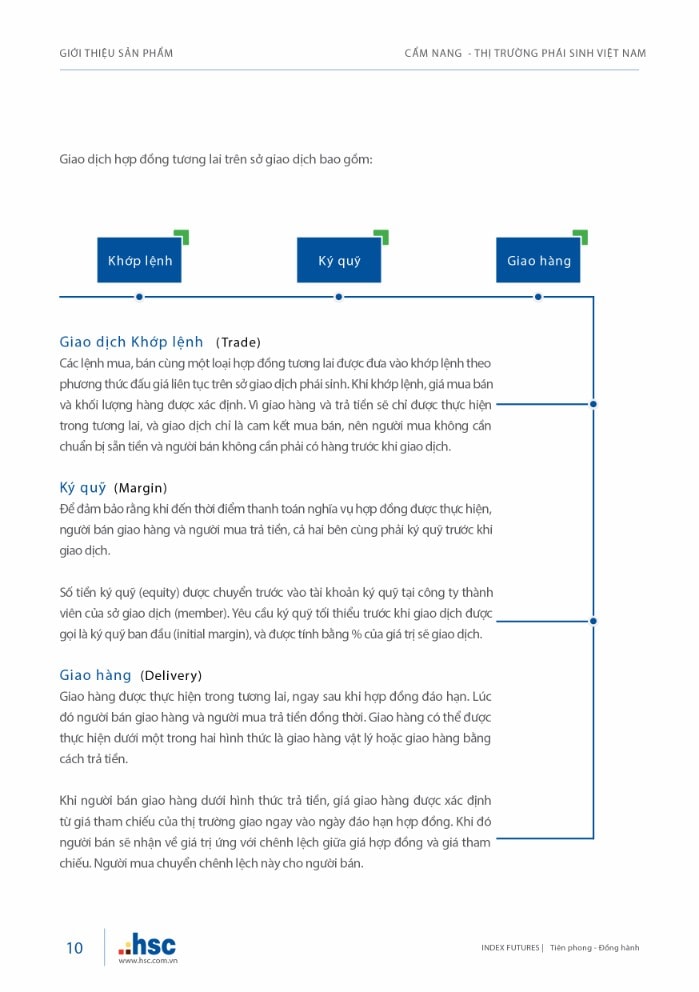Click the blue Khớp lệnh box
[x=139, y=261]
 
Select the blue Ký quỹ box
[x=339, y=261]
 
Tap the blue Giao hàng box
[x=538, y=261]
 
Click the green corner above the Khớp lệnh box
[x=182, y=236]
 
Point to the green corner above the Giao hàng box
[x=581, y=236]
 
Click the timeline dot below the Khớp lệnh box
[x=139, y=296]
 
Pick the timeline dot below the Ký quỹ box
[x=339, y=296]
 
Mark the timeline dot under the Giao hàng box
[x=538, y=296]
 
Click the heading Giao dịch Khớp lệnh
[x=131, y=342]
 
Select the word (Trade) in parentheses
[x=238, y=342]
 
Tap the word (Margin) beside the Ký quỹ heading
[x=140, y=488]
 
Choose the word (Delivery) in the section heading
[x=171, y=675]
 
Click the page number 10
[x=75, y=948]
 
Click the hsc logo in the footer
[x=147, y=944]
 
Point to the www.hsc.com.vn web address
[x=147, y=961]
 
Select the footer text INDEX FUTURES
[x=510, y=948]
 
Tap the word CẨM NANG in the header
[x=431, y=53]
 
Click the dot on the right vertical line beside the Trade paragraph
[x=593, y=404]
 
